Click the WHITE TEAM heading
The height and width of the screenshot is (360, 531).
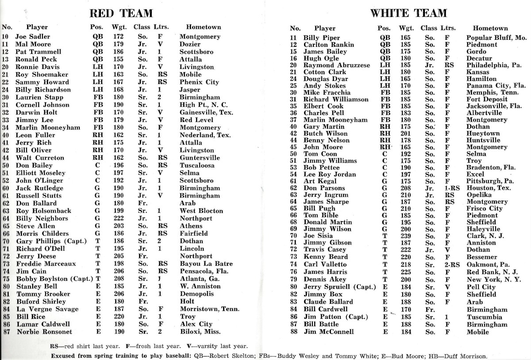(x=408, y=13)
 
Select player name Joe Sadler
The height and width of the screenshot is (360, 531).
(x=33, y=37)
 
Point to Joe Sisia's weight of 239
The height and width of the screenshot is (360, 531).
(x=405, y=236)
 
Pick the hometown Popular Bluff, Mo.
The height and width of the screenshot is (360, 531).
(x=496, y=38)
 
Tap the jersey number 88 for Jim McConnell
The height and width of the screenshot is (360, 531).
(x=293, y=332)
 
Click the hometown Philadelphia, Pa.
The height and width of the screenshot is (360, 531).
(x=494, y=65)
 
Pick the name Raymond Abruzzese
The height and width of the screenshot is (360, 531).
(x=336, y=65)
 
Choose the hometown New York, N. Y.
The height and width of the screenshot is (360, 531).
(x=493, y=280)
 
